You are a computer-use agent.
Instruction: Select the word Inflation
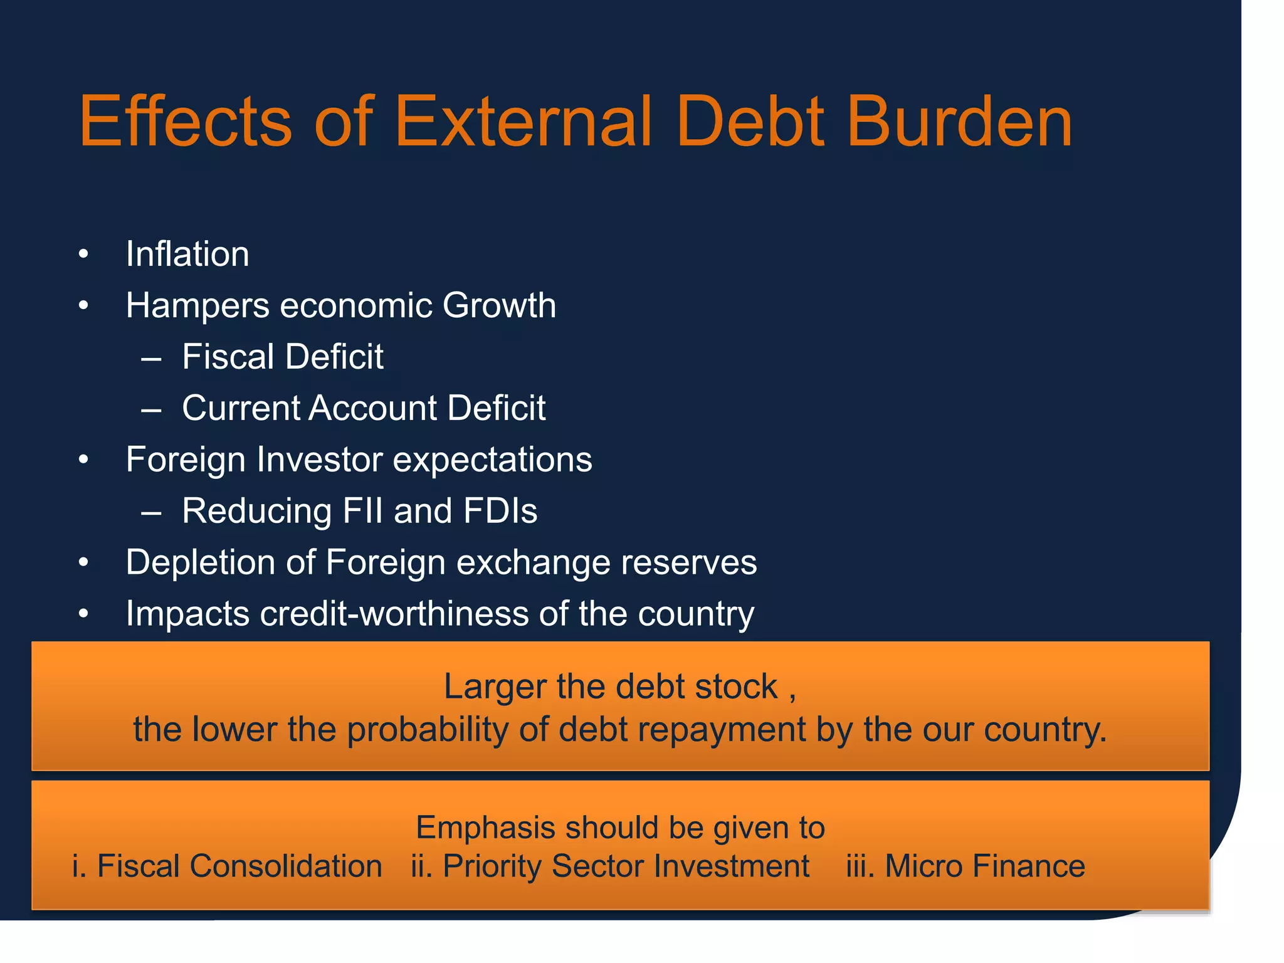point(187,255)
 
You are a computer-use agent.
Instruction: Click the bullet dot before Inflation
point(83,255)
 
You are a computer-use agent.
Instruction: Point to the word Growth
point(499,306)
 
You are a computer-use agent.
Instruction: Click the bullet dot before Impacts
point(83,614)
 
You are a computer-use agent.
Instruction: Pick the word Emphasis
point(485,828)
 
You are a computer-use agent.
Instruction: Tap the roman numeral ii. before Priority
point(421,866)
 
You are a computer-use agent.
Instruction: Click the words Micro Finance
point(984,866)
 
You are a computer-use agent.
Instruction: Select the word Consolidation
point(285,866)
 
